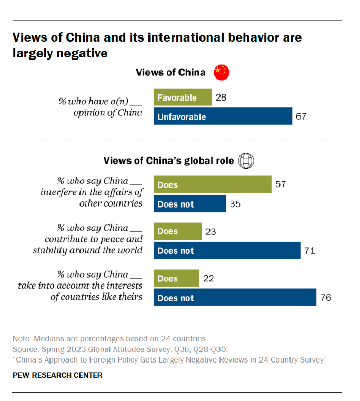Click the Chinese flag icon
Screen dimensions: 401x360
222,73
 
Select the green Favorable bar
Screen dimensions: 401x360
183,97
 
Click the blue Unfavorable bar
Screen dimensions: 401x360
223,116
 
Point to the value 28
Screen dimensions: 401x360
221,97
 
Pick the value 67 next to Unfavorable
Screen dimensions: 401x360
301,116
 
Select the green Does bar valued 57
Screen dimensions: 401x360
212,185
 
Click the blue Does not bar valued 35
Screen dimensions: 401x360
189,204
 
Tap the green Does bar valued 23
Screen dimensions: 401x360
177,231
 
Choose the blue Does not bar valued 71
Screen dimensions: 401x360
226,251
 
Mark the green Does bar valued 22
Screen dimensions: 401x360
176,278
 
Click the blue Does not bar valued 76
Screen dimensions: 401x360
235,298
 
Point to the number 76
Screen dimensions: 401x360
325,298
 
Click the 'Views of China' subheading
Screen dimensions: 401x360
171,73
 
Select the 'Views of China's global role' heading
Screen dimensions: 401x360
168,161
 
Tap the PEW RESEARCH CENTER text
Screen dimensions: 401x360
57,375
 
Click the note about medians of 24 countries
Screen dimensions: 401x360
110,338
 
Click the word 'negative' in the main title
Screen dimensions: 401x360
79,53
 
